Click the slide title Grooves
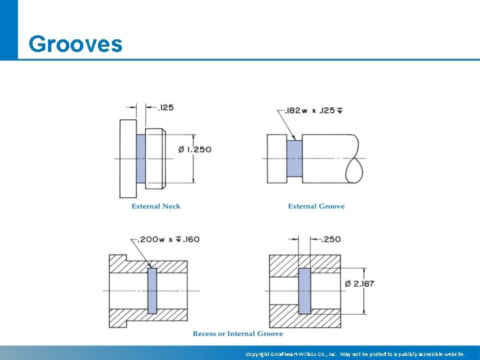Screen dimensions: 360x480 pyautogui.click(x=75, y=44)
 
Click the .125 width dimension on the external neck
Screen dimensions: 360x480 pyautogui.click(x=165, y=107)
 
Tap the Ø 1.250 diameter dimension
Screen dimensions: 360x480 pyautogui.click(x=195, y=149)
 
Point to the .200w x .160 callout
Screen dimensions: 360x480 pyautogui.click(x=169, y=239)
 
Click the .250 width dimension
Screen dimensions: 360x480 pyautogui.click(x=331, y=239)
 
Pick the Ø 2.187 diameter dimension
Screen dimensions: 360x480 pyautogui.click(x=360, y=283)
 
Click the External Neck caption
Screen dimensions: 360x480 pyautogui.click(x=156, y=207)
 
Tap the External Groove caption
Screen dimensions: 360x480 pyautogui.click(x=316, y=207)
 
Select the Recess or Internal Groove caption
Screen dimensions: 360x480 pyautogui.click(x=238, y=333)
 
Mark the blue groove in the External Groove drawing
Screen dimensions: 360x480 pyautogui.click(x=294, y=159)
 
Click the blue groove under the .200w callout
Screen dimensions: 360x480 pyautogui.click(x=152, y=291)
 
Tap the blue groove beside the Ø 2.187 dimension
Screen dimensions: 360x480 pyautogui.click(x=304, y=291)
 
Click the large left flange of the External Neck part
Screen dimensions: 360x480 pyautogui.click(x=128, y=159)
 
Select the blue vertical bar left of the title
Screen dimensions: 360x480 pyautogui.click(x=9, y=30)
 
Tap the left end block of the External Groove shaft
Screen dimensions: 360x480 pyautogui.click(x=277, y=159)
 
